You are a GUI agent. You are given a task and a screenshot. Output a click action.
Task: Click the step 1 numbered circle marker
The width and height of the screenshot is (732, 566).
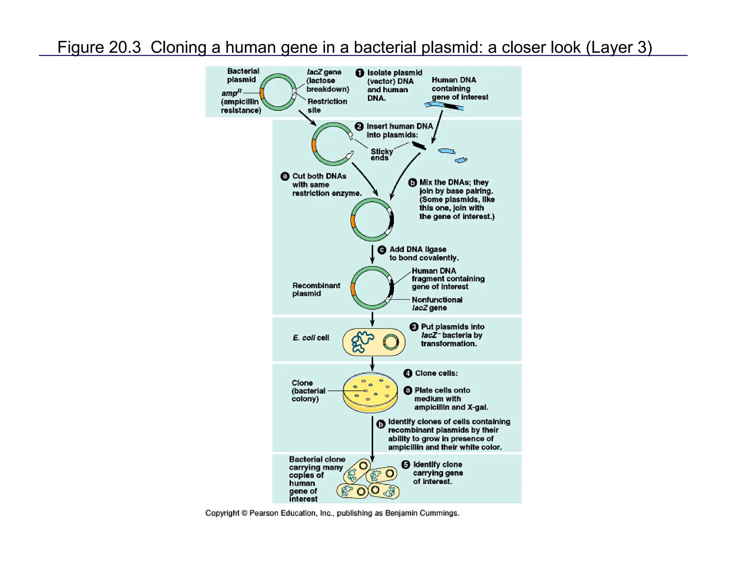click(360, 73)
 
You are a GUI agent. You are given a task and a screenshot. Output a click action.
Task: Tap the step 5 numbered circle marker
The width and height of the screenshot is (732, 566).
click(406, 465)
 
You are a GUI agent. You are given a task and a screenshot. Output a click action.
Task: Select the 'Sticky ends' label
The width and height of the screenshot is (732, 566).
click(381, 155)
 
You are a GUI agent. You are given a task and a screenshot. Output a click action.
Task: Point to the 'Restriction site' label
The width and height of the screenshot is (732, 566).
click(327, 106)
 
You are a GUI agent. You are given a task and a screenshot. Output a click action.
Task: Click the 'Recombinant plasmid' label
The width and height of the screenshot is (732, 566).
click(316, 289)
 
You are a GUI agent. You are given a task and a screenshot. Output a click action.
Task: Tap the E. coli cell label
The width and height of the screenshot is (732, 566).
click(311, 338)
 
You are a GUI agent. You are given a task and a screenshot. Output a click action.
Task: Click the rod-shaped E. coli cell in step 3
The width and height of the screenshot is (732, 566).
click(374, 342)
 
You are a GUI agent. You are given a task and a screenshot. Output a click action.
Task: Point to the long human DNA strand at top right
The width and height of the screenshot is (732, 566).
click(444, 106)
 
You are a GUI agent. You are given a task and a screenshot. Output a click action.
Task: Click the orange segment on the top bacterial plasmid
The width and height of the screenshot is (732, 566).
click(262, 93)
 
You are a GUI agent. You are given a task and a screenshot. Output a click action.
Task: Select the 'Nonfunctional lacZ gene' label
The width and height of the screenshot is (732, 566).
click(437, 304)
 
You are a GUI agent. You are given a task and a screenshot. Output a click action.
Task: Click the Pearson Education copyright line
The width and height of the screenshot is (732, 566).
click(332, 513)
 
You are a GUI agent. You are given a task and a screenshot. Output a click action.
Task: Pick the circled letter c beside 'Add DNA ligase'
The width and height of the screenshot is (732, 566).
click(382, 250)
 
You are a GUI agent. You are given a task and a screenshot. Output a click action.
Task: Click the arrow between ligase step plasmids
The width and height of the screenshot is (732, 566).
click(372, 254)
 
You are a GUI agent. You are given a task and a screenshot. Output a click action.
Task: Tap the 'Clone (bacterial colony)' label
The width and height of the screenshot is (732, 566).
click(308, 391)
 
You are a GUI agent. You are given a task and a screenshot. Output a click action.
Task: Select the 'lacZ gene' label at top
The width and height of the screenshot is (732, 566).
click(327, 80)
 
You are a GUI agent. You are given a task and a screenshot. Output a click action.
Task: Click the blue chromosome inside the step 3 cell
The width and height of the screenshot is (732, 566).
click(362, 342)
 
